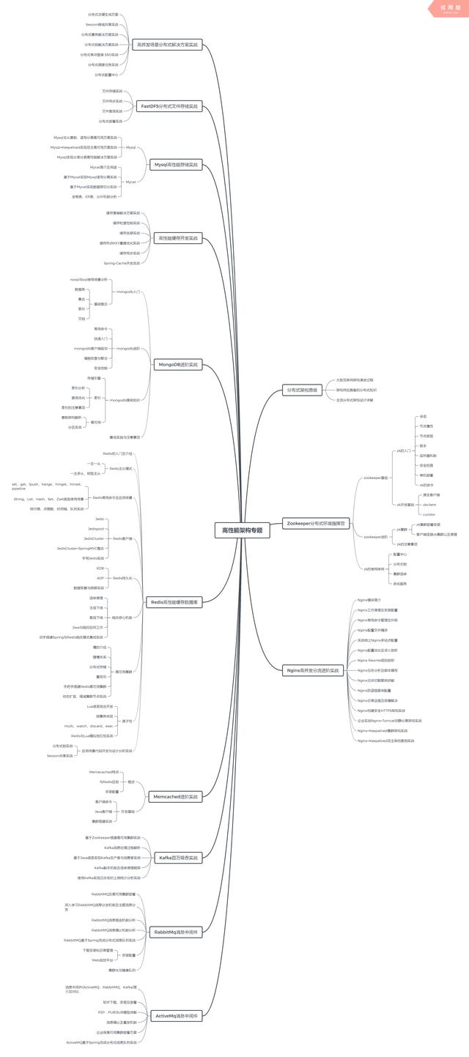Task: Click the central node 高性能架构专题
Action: tap(242, 530)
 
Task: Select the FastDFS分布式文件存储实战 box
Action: tap(169, 106)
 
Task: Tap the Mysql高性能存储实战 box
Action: tap(176, 165)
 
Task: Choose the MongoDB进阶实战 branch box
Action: tap(178, 364)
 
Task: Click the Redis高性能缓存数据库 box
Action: tap(174, 603)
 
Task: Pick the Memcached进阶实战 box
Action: tap(175, 796)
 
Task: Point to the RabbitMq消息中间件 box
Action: tap(175, 932)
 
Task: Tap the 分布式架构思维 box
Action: tap(303, 390)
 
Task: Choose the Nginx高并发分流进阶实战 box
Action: tap(313, 670)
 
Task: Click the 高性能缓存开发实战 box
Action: tap(178, 238)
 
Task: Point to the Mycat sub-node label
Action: tap(130, 182)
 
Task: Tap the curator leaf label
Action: tap(429, 514)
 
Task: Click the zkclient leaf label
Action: tap(429, 505)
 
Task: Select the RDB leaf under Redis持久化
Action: tap(100, 568)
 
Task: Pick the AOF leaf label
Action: tap(100, 578)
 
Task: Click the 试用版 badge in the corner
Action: tap(448, 8)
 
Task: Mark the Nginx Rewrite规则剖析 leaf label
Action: tap(375, 660)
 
